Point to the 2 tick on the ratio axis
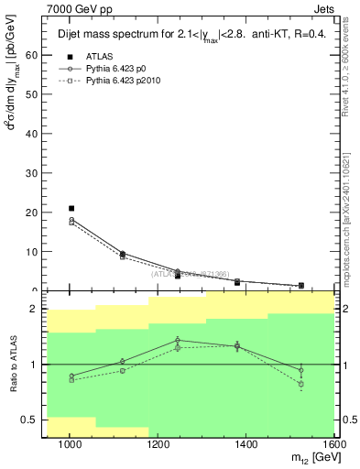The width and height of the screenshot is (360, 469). click(33, 310)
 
